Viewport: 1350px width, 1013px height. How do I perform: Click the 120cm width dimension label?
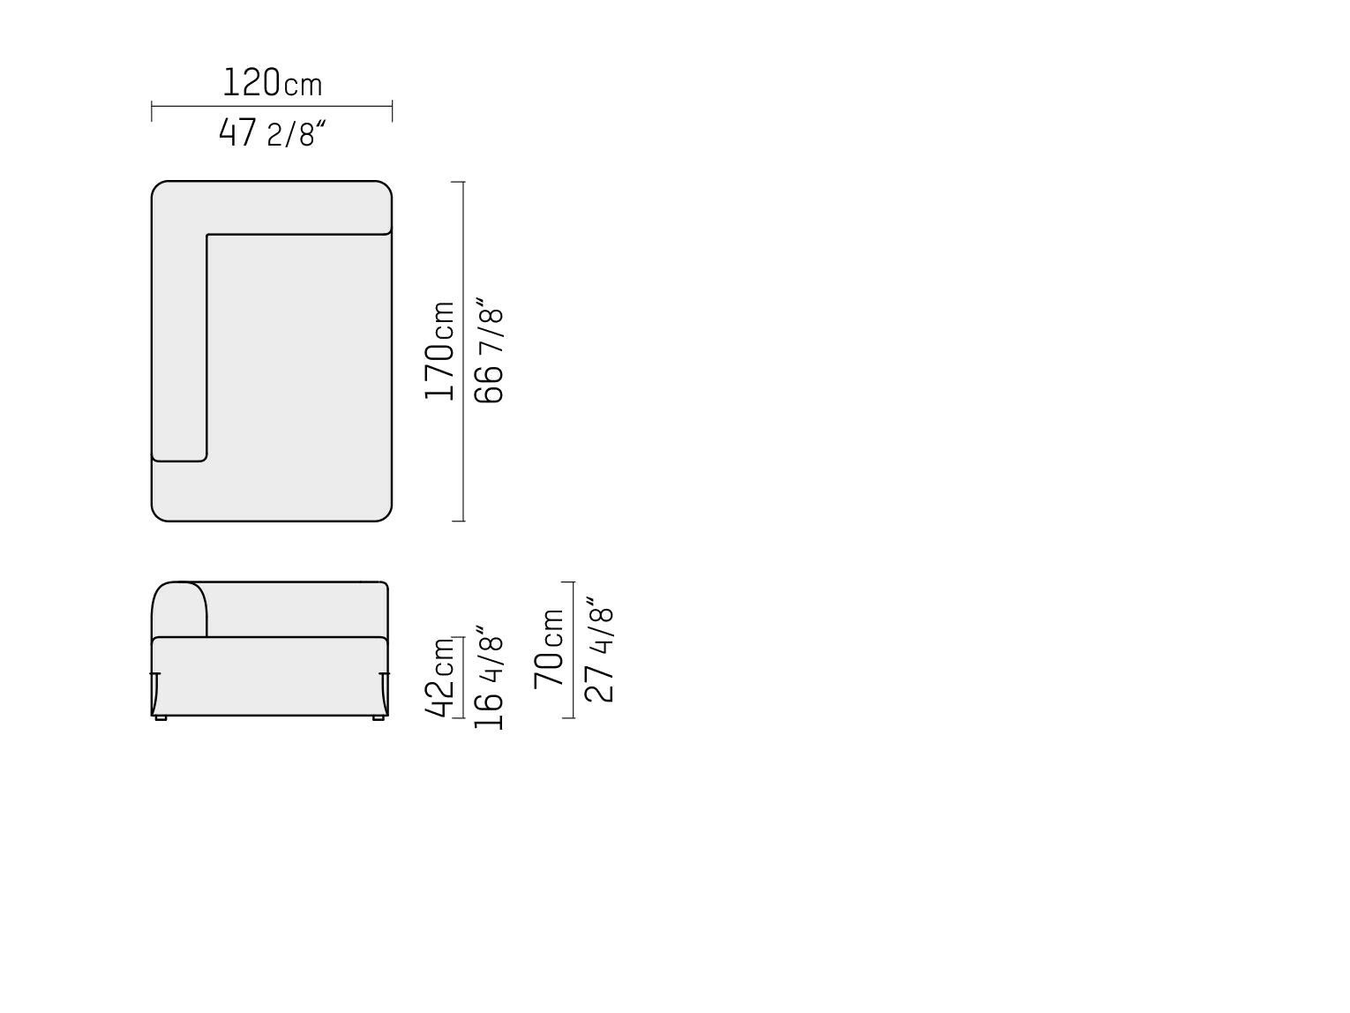272,83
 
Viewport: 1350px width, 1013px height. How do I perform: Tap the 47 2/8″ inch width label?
272,133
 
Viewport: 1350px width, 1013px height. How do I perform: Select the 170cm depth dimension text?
439,351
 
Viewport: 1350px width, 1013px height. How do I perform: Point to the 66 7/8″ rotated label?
489,351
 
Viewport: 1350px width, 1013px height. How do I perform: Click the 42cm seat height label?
439,677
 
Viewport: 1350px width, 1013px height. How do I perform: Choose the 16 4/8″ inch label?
489,679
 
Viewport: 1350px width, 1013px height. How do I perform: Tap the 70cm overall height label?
549,649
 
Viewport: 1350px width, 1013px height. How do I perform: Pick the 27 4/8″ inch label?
599,649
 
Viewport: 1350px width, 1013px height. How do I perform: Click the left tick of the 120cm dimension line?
152,111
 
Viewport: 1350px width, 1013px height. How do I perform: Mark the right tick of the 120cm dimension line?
393,111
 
